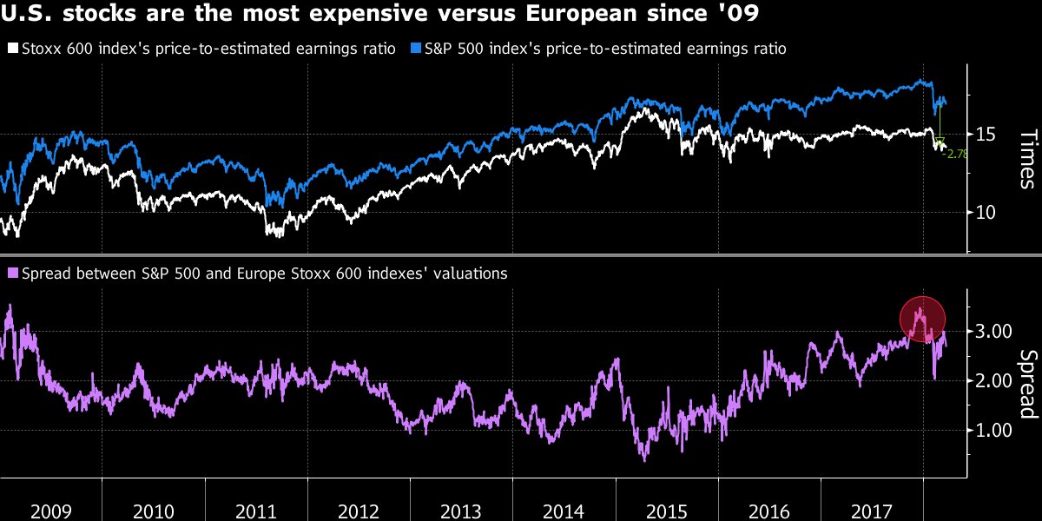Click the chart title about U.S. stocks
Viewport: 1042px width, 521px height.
coord(383,16)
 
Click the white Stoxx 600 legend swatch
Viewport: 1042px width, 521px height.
coord(11,49)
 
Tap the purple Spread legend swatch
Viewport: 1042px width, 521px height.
coord(11,274)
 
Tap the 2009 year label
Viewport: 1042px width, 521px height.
coord(51,510)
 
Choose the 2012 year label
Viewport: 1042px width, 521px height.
coord(359,510)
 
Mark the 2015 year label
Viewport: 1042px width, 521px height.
coord(667,510)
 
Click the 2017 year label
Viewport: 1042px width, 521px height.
coord(872,510)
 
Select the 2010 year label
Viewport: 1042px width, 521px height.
coord(154,510)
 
